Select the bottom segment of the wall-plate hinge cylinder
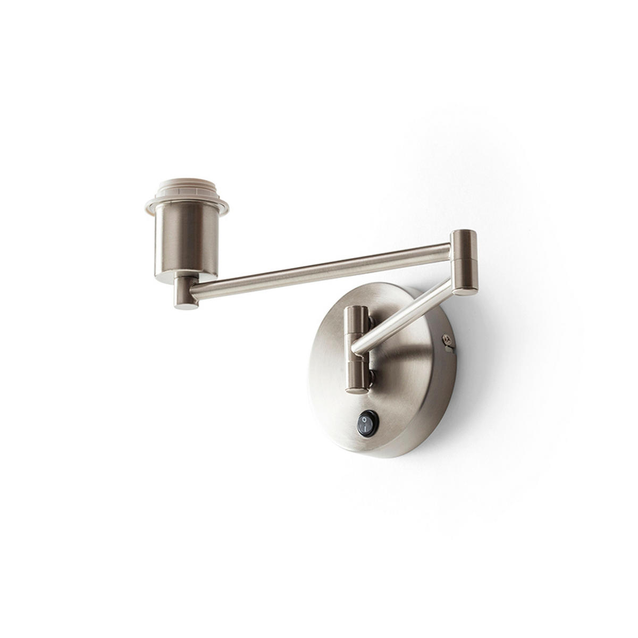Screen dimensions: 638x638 [x=355, y=375]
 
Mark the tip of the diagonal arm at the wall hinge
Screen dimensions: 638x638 [x=357, y=348]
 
